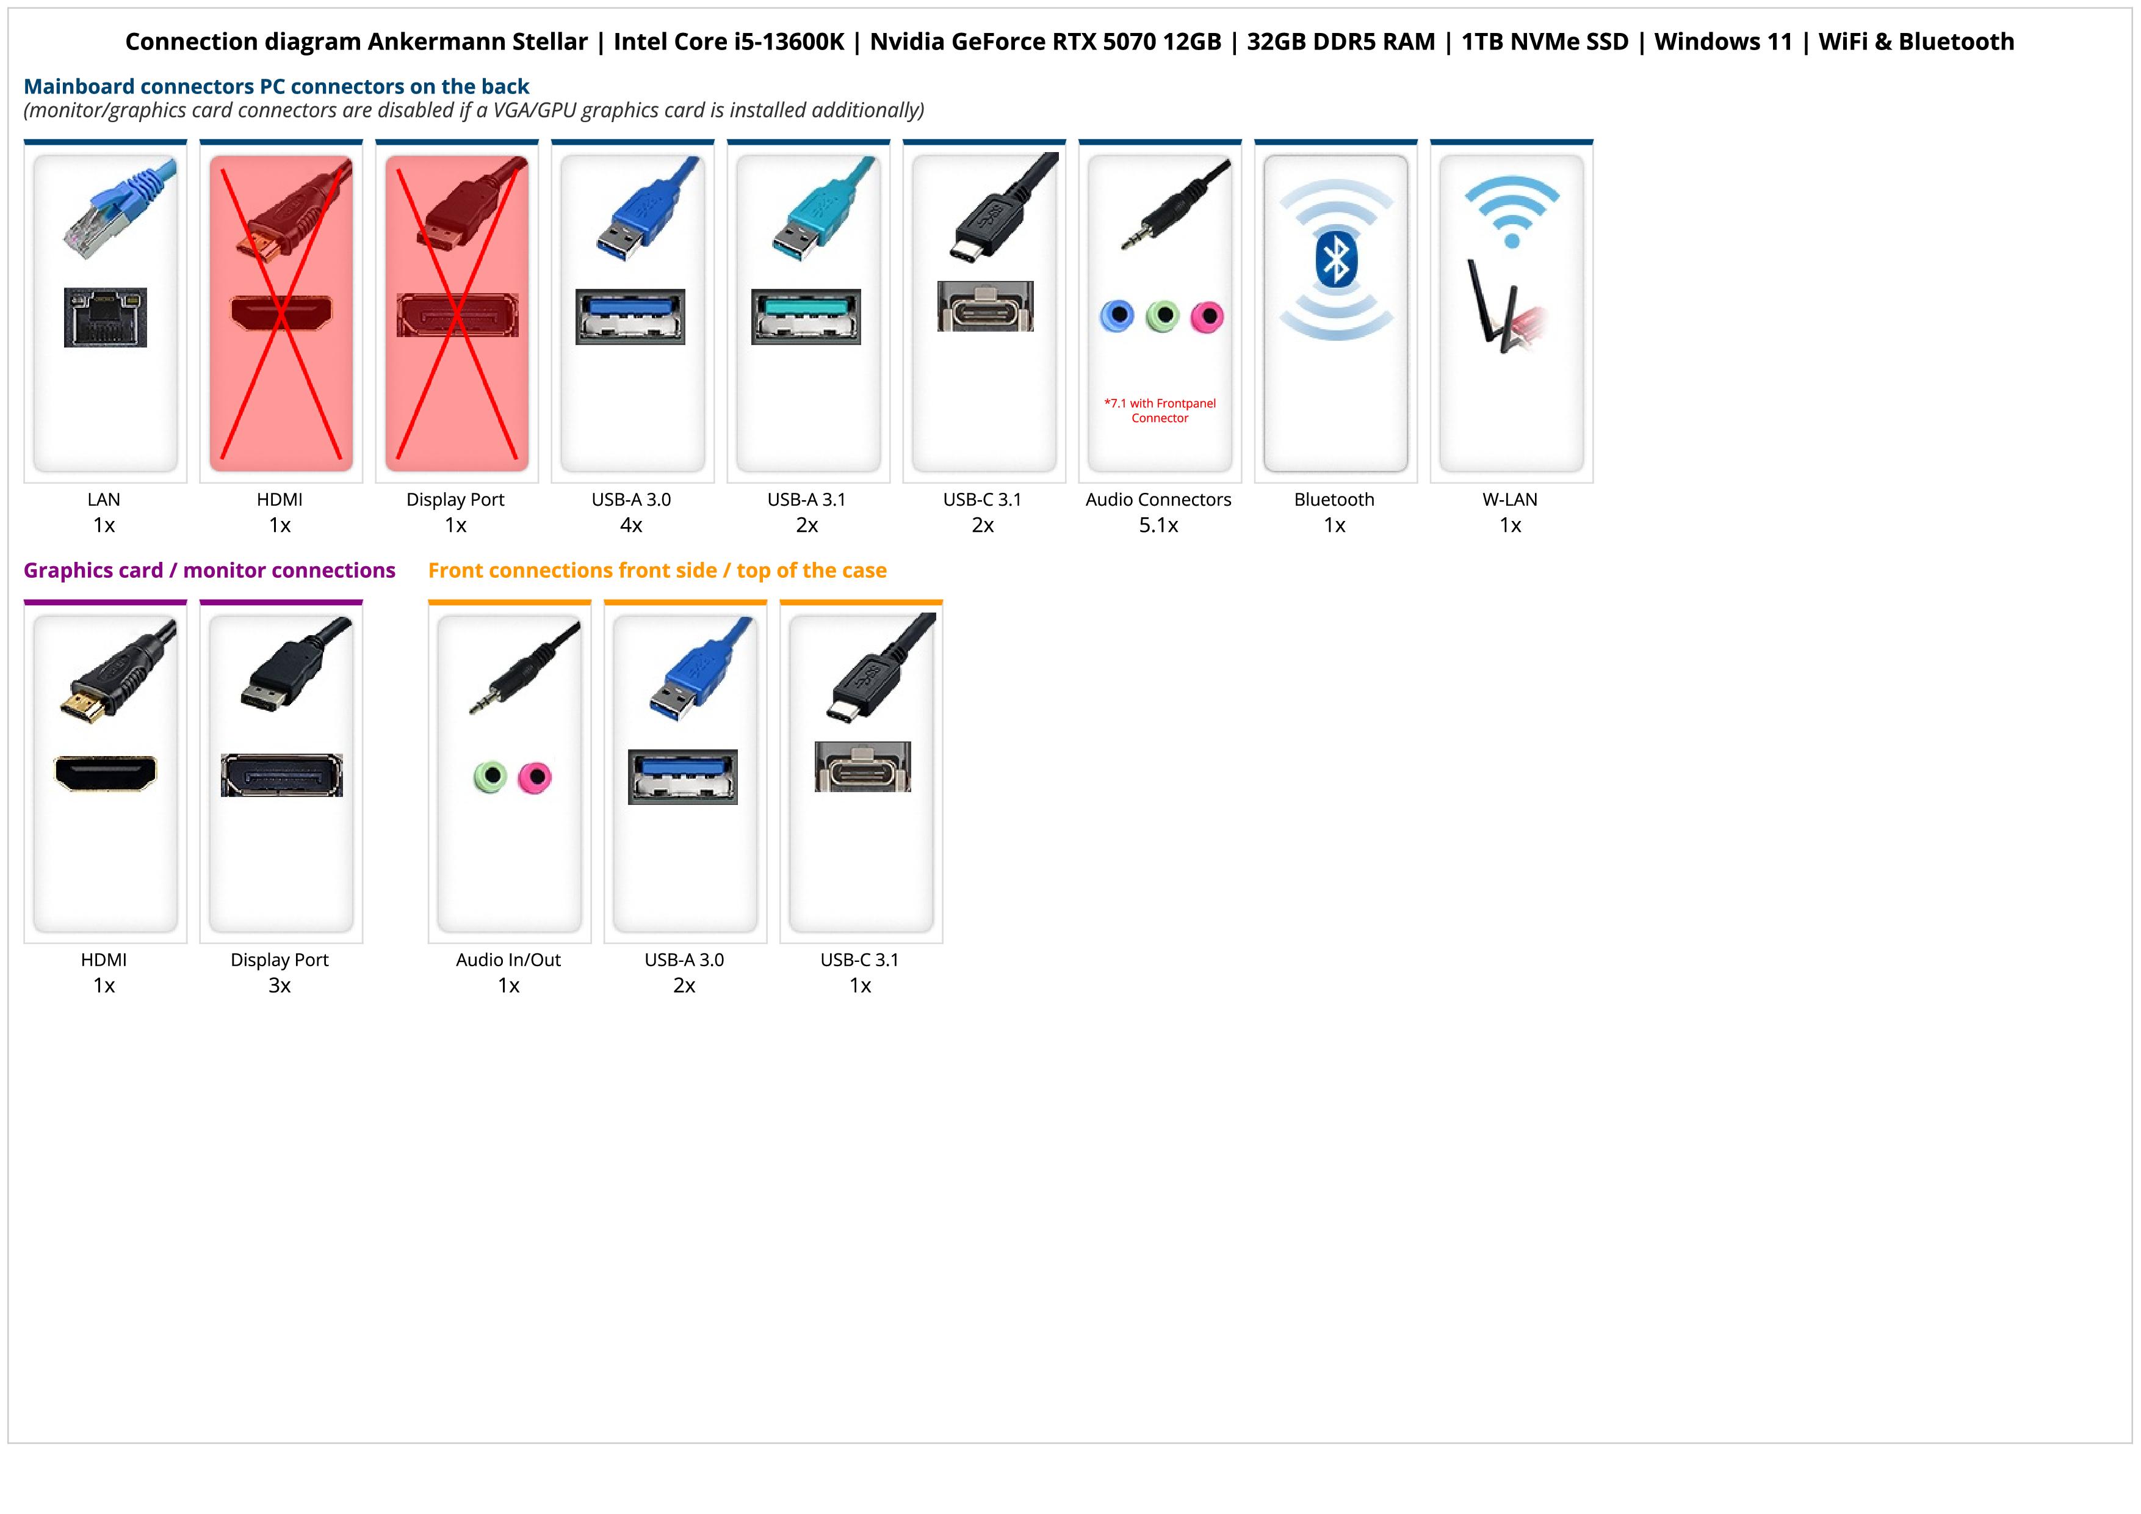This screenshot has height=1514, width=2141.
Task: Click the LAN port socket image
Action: point(106,317)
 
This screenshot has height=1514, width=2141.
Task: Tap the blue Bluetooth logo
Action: point(1335,260)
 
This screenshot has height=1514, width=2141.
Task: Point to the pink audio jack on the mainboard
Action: point(1207,316)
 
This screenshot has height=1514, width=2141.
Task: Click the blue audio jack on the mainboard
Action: point(1117,316)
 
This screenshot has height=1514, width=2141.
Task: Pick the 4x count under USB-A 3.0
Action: point(631,525)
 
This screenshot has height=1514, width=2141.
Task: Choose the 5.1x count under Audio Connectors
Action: point(1158,525)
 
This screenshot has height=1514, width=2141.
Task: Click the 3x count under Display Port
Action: point(280,985)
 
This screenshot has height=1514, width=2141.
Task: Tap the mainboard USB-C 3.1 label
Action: point(982,499)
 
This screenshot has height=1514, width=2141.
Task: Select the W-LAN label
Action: point(1510,499)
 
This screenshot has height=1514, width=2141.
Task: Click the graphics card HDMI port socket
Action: point(106,773)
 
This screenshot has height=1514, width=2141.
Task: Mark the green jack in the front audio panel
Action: point(489,776)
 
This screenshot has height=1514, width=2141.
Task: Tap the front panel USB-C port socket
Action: point(862,767)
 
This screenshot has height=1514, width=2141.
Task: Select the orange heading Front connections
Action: point(657,570)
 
